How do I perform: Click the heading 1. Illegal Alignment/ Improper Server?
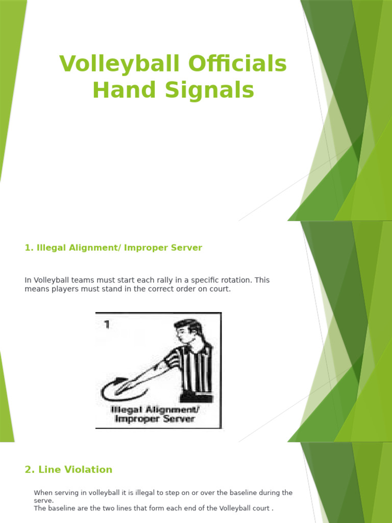[x=113, y=248]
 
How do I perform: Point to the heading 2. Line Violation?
[x=68, y=469]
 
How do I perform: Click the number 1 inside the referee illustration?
[x=107, y=325]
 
